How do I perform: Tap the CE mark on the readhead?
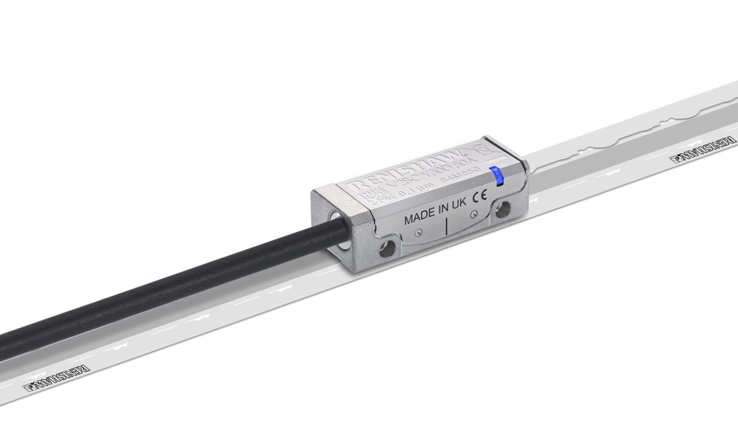[479, 199]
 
